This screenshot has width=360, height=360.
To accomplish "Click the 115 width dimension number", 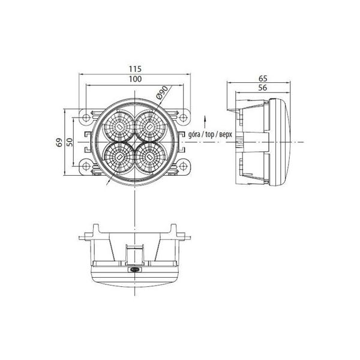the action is click(135, 69).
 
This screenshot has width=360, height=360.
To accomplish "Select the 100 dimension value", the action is click(135, 79).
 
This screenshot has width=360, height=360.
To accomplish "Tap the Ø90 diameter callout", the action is click(163, 93).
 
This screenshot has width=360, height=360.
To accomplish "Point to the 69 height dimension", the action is click(59, 142).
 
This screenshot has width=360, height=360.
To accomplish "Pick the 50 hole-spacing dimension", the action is click(70, 142).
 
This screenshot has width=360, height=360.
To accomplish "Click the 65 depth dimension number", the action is click(263, 79).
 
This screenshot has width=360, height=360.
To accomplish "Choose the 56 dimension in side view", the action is click(263, 88).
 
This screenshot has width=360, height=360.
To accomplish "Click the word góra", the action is click(194, 135).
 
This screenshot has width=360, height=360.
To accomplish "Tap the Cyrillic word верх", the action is click(226, 135).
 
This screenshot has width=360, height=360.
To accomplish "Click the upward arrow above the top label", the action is click(205, 122).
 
